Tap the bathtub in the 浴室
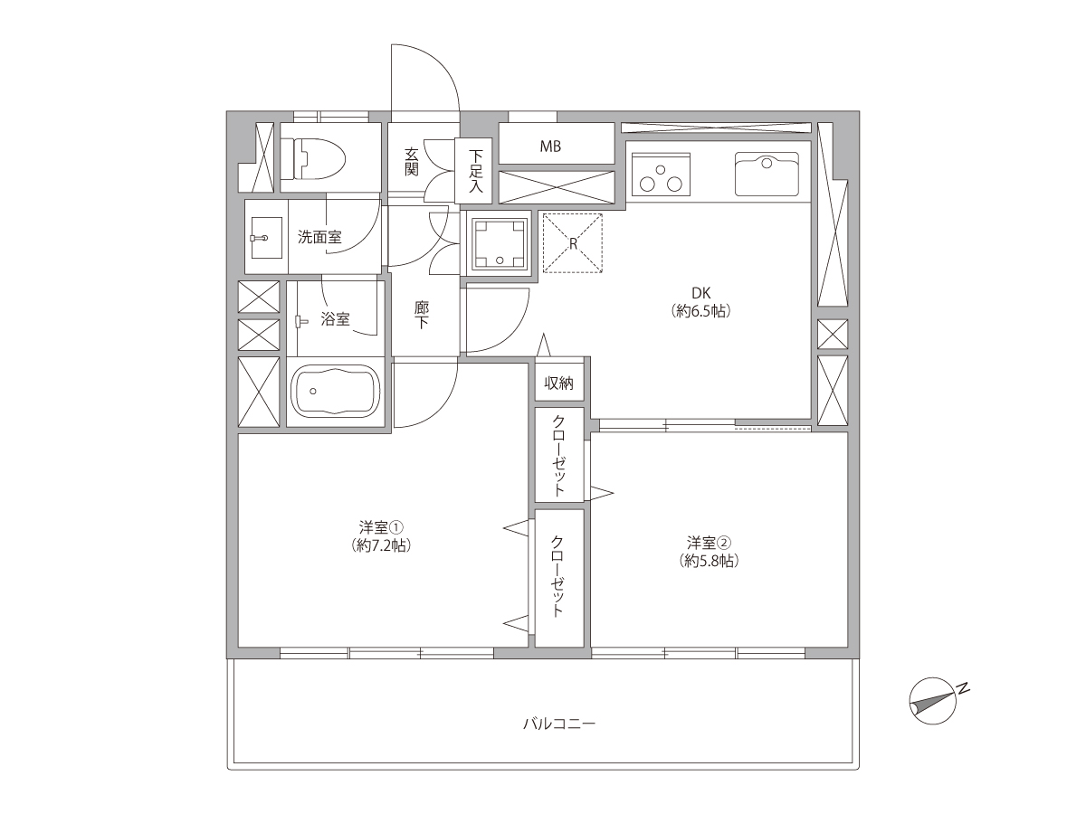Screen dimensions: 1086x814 point(336,392)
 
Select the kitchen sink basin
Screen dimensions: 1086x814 point(767,174)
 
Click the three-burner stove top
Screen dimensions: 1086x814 point(661,174)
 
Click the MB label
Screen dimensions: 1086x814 point(550,147)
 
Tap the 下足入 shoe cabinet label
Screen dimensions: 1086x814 point(475,171)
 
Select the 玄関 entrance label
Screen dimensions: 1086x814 point(412,162)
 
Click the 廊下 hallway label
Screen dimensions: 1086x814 point(422,315)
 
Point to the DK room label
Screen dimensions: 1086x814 point(701,293)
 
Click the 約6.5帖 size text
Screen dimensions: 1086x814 point(701,311)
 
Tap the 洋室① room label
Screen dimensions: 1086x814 point(381,527)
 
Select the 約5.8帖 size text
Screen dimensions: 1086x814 point(709,561)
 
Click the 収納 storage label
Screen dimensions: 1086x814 point(559,383)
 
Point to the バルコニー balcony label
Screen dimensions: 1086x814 point(559,724)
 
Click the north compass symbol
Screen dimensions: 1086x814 point(933,701)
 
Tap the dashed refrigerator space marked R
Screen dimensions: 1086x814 point(573,243)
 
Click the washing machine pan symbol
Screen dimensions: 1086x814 point(499,242)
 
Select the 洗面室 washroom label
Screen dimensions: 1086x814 point(319,237)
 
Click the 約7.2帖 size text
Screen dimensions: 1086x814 point(381,545)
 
